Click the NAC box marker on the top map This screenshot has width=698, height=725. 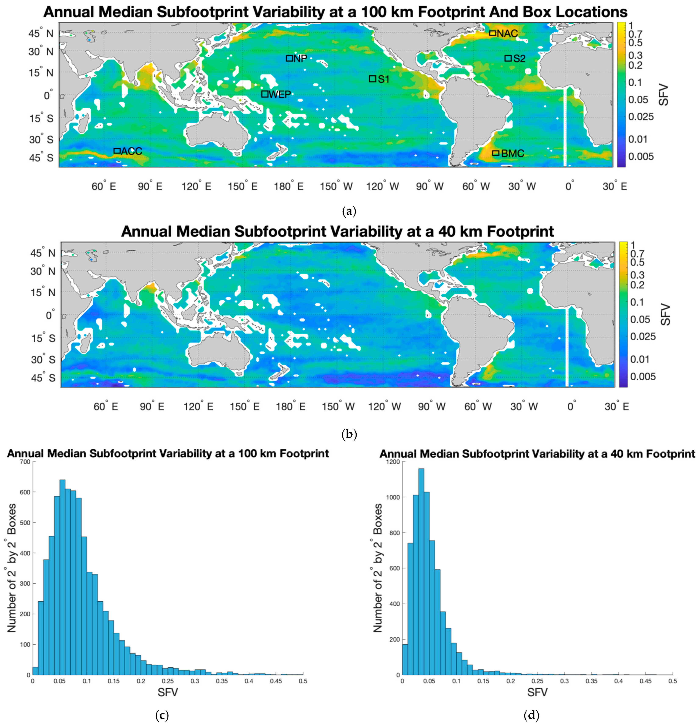(x=493, y=33)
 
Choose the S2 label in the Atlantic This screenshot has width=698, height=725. (x=519, y=58)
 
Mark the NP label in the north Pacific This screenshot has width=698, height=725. (x=300, y=58)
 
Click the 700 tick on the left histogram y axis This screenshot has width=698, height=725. (x=25, y=462)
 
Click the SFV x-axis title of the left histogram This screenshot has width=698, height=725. (x=168, y=692)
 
